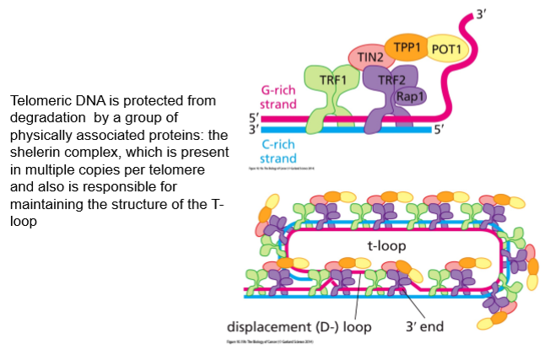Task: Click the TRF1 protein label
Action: pyautogui.click(x=335, y=78)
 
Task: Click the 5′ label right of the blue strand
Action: pyautogui.click(x=439, y=130)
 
